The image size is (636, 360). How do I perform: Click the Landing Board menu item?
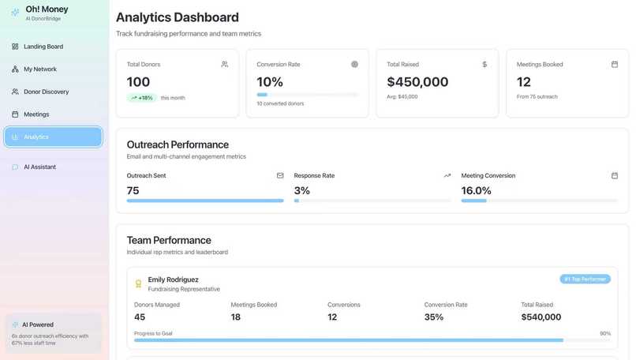[43, 47]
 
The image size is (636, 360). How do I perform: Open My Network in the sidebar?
[39, 69]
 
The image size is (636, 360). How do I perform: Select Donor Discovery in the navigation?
[46, 92]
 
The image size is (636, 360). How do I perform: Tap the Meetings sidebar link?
[36, 114]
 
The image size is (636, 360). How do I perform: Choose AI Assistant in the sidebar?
[39, 167]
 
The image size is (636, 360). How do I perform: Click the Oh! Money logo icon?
[15, 13]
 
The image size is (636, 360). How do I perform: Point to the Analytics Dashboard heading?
[178, 17]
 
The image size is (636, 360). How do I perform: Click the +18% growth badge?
[142, 98]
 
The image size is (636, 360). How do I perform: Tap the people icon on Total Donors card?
[225, 64]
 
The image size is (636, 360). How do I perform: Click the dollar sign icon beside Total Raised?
[484, 64]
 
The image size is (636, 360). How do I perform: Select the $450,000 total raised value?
[417, 82]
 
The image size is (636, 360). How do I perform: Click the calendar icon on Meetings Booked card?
[615, 64]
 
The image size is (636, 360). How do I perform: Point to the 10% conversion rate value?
[270, 82]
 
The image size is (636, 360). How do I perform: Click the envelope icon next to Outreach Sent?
[280, 175]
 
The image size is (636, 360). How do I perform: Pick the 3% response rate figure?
[302, 190]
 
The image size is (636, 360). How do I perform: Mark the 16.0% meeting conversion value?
[477, 190]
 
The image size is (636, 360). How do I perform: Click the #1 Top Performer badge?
[585, 279]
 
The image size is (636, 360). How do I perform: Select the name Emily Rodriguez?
[173, 279]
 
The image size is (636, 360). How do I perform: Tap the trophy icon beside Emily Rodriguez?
[138, 283]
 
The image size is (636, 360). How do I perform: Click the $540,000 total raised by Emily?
[541, 317]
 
